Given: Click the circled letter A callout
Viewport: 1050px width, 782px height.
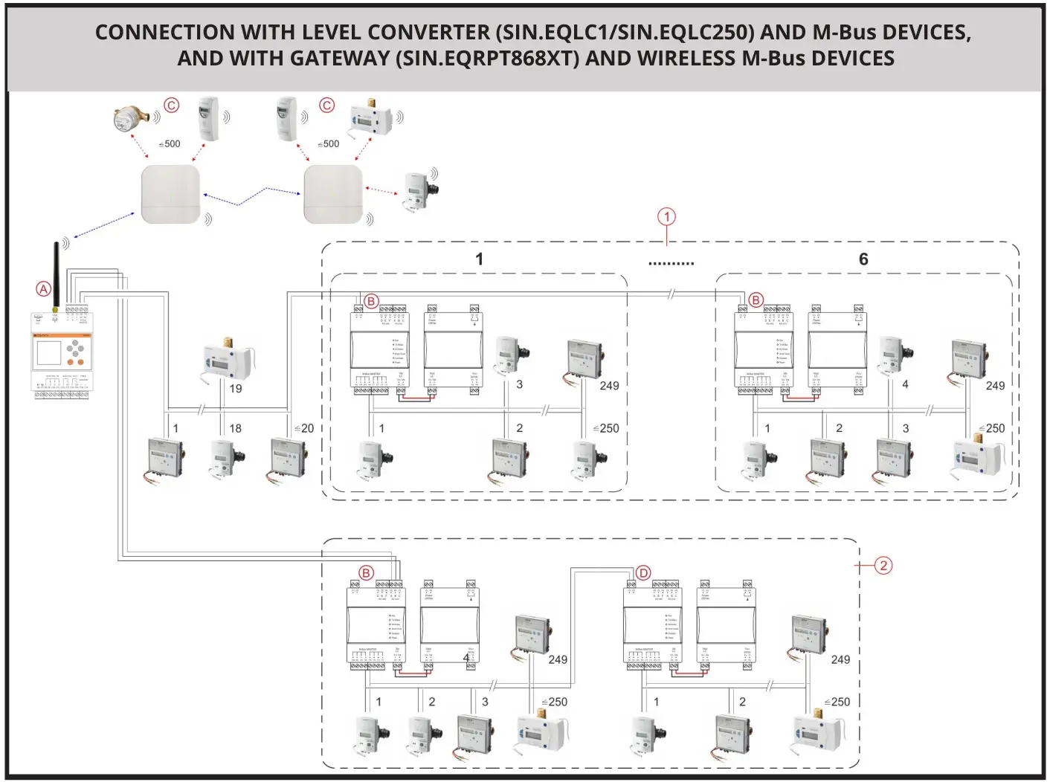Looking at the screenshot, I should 44,289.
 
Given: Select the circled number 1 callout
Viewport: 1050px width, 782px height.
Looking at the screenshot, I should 666,217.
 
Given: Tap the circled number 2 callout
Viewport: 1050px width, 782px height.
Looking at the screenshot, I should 883,566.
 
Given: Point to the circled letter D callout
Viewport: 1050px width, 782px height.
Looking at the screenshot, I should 643,573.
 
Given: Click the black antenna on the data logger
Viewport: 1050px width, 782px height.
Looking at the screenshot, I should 56,276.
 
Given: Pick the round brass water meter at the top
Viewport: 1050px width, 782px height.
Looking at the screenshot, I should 131,119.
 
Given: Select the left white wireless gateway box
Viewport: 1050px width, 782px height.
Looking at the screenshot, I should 171,195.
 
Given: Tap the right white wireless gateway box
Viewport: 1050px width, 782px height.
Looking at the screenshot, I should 333,195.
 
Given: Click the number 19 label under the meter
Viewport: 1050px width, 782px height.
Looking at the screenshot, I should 235,389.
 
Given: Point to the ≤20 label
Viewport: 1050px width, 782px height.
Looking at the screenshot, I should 304,428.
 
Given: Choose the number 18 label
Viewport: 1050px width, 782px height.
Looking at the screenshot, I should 235,428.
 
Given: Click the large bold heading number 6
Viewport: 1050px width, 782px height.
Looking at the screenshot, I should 863,259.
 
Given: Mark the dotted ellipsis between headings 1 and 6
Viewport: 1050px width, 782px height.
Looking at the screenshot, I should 671,263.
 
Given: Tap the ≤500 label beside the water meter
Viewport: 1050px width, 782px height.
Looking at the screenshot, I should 170,144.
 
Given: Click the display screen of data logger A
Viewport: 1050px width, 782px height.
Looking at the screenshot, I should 49,353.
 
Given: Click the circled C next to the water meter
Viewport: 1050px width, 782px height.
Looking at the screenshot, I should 172,106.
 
